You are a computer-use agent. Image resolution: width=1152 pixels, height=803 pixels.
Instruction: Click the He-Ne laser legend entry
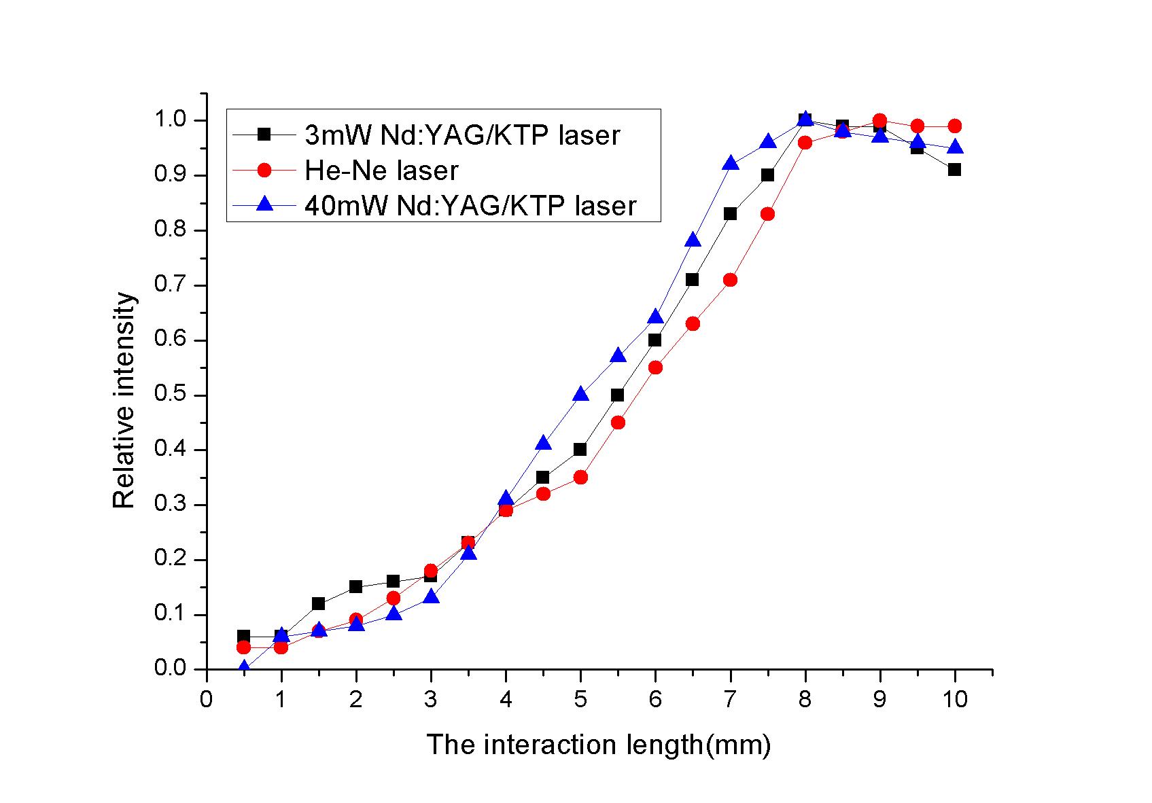click(381, 171)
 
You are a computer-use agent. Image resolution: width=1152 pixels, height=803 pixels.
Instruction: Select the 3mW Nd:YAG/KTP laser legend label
click(462, 135)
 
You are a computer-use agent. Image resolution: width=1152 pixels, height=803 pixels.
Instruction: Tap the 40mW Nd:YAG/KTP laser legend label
click(470, 205)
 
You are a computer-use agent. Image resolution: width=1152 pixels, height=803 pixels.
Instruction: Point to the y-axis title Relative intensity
click(124, 401)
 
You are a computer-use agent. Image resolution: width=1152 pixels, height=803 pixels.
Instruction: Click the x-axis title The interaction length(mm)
click(598, 745)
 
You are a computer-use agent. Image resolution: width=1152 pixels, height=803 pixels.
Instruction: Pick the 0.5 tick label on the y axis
click(170, 395)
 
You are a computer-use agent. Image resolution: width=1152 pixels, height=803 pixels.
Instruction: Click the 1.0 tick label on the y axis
click(170, 120)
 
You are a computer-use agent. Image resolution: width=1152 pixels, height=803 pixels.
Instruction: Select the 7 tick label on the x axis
click(730, 699)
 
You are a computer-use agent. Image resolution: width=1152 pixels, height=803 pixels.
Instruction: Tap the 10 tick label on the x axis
click(954, 699)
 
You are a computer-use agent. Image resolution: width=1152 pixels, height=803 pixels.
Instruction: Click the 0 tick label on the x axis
click(206, 699)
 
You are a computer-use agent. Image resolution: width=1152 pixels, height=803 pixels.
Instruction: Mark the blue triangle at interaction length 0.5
click(243, 667)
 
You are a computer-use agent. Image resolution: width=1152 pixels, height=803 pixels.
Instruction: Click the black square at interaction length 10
click(954, 170)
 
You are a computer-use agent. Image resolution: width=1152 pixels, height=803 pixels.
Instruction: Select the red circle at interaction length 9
click(879, 121)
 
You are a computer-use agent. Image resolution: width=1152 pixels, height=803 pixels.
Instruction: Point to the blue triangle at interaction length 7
click(730, 164)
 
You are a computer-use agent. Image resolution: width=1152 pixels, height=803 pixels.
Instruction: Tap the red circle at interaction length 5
click(580, 478)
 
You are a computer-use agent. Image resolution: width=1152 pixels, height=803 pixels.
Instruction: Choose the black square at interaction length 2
click(356, 587)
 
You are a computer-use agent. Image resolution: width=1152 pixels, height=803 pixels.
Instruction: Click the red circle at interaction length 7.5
click(767, 214)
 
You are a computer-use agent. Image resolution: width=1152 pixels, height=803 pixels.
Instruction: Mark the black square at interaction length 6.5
click(693, 280)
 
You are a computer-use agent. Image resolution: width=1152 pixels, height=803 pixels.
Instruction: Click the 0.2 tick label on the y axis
click(170, 560)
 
